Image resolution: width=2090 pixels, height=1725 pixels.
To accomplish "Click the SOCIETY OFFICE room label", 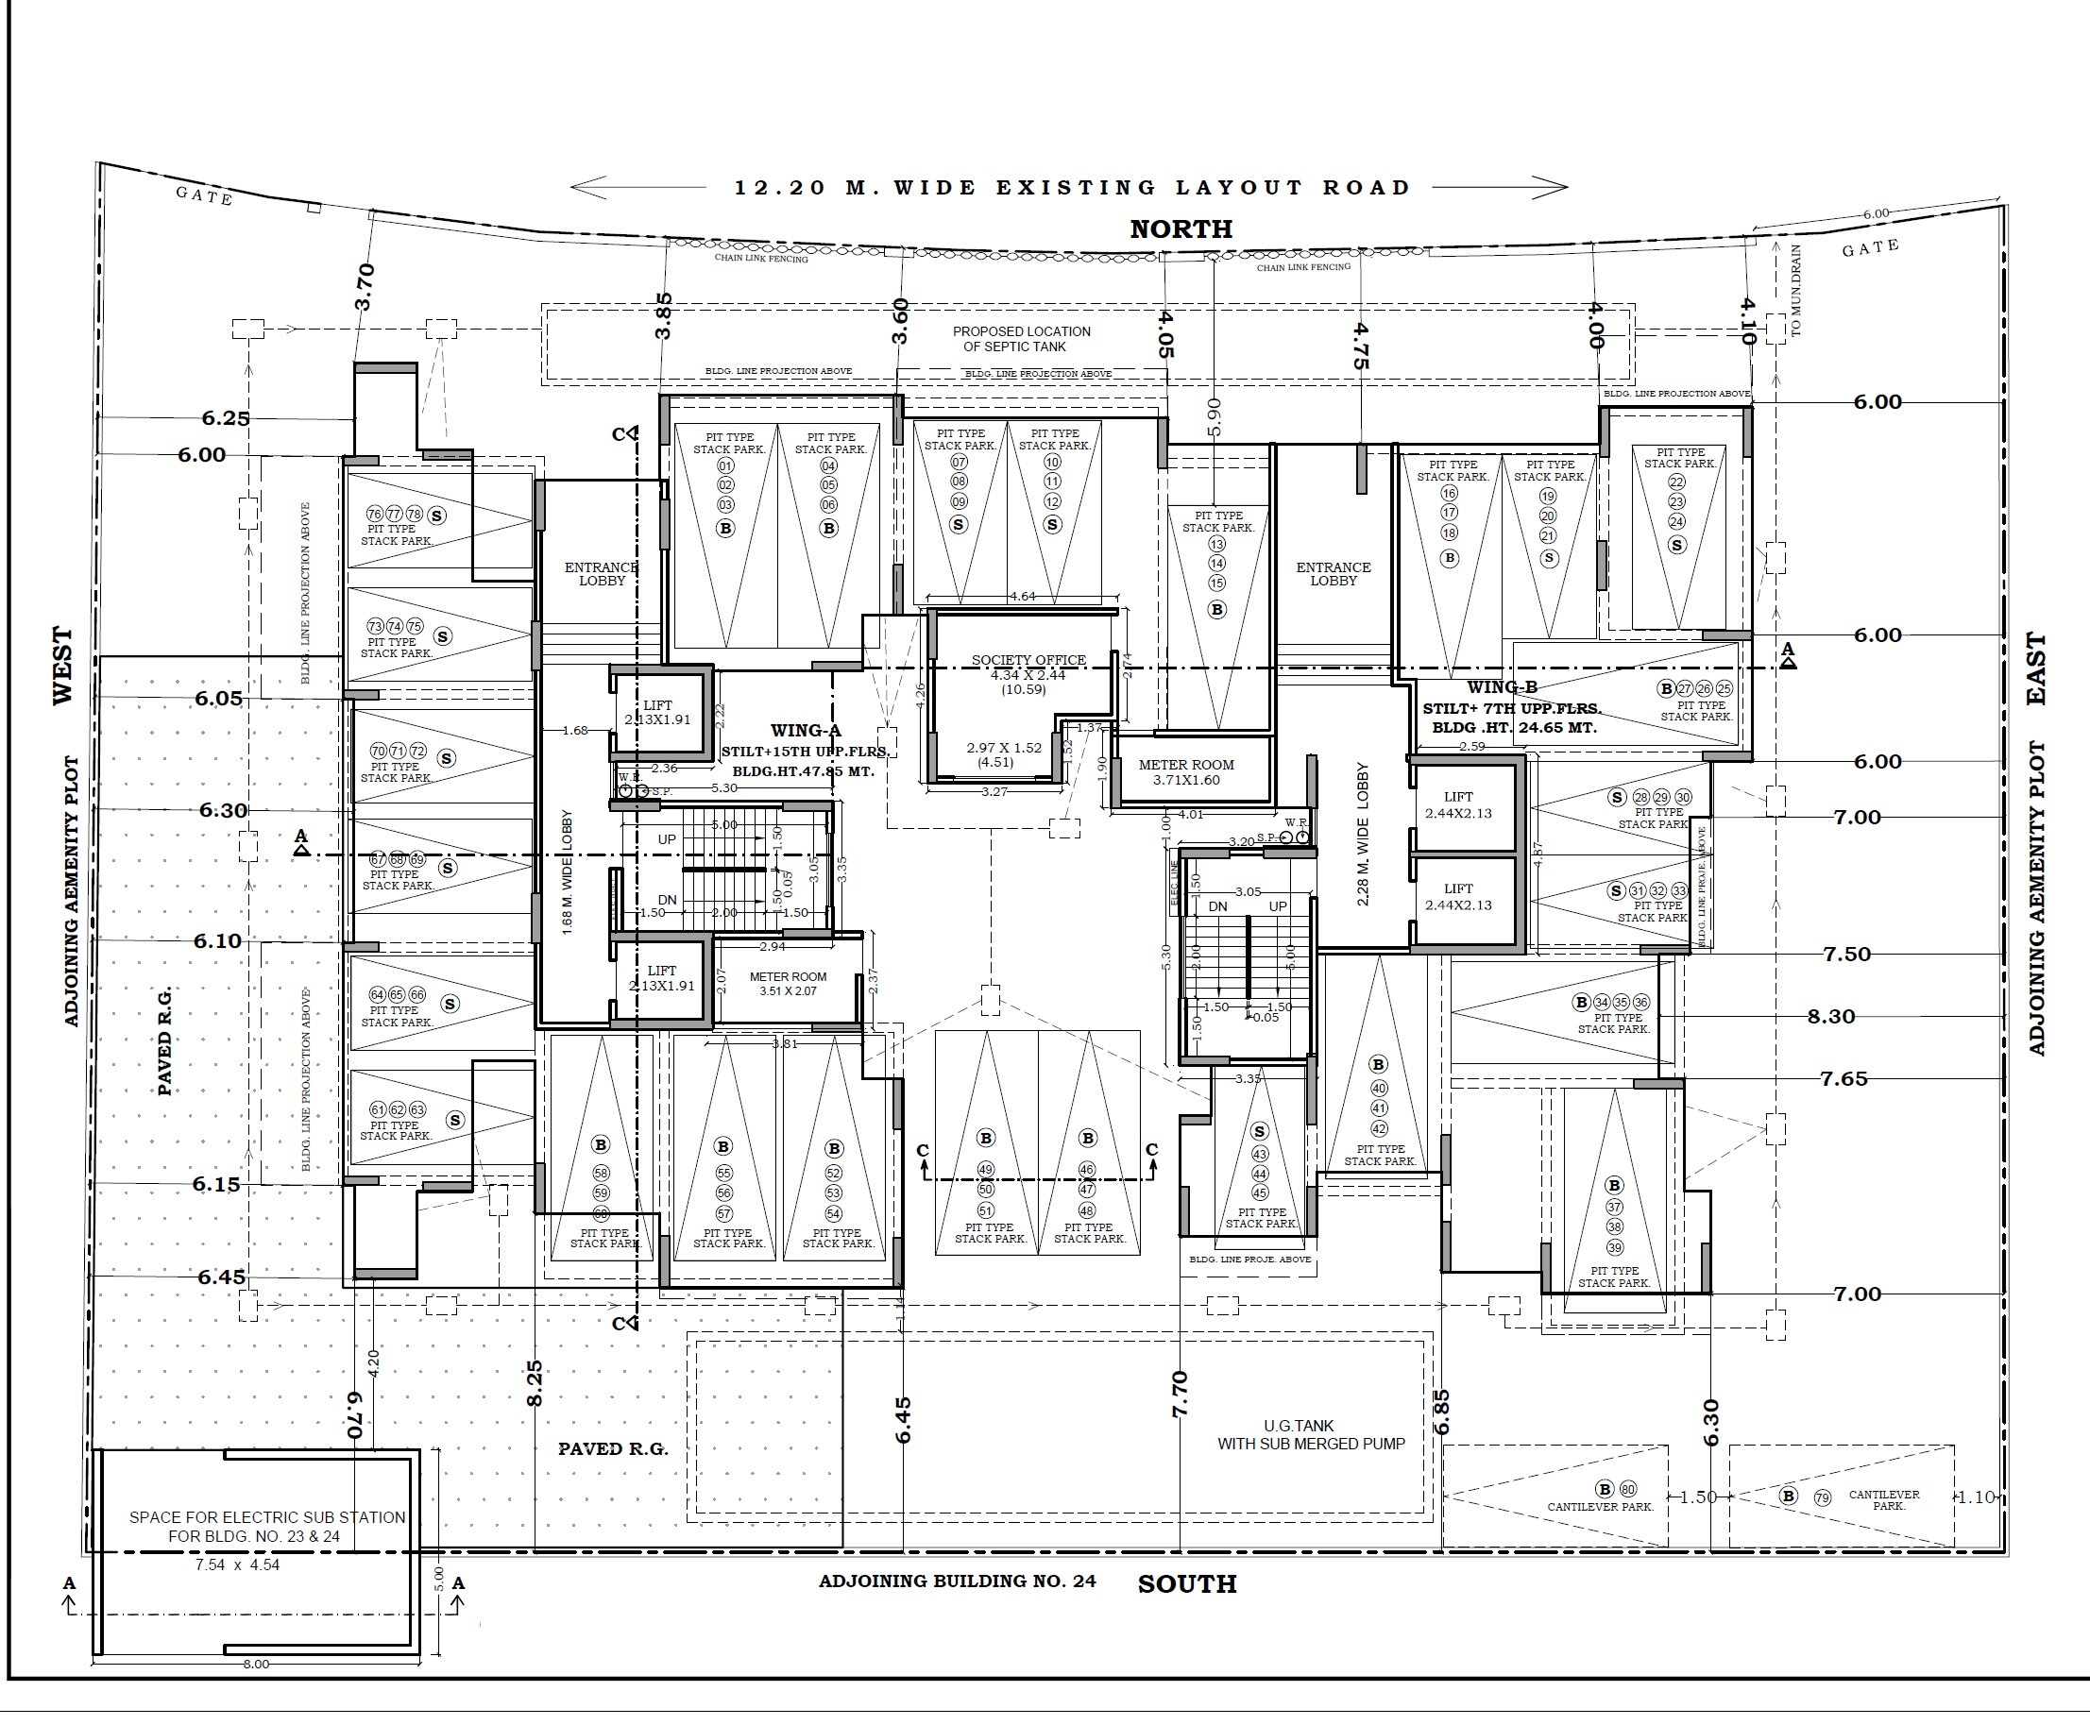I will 1028,660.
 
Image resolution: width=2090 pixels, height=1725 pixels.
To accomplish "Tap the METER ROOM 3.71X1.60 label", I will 1185,772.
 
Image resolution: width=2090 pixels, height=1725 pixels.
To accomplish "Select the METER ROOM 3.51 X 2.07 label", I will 788,984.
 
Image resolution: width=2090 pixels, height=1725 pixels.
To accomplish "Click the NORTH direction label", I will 1181,229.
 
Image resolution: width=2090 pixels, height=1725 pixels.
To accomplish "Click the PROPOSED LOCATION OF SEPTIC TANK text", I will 1021,339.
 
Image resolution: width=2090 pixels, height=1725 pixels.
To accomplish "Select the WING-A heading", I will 805,732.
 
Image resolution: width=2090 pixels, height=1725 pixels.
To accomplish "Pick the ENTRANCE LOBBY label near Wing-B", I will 1333,573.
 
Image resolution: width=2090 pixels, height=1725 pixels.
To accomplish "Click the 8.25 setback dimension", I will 534,1383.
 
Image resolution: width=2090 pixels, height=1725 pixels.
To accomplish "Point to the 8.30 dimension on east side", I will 1830,1017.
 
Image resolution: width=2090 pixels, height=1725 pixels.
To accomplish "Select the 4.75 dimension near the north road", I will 1361,346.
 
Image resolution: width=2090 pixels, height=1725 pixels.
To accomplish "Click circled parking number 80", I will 1628,1490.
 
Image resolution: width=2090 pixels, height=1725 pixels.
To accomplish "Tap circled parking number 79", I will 1822,1497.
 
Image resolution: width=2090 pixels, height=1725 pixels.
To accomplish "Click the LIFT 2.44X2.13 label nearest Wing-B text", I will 1458,804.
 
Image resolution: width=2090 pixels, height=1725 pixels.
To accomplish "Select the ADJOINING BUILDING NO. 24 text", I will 956,1581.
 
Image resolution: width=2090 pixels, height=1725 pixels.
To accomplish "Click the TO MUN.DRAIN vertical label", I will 1796,291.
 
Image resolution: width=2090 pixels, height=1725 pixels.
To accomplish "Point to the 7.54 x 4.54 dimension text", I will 238,1565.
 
